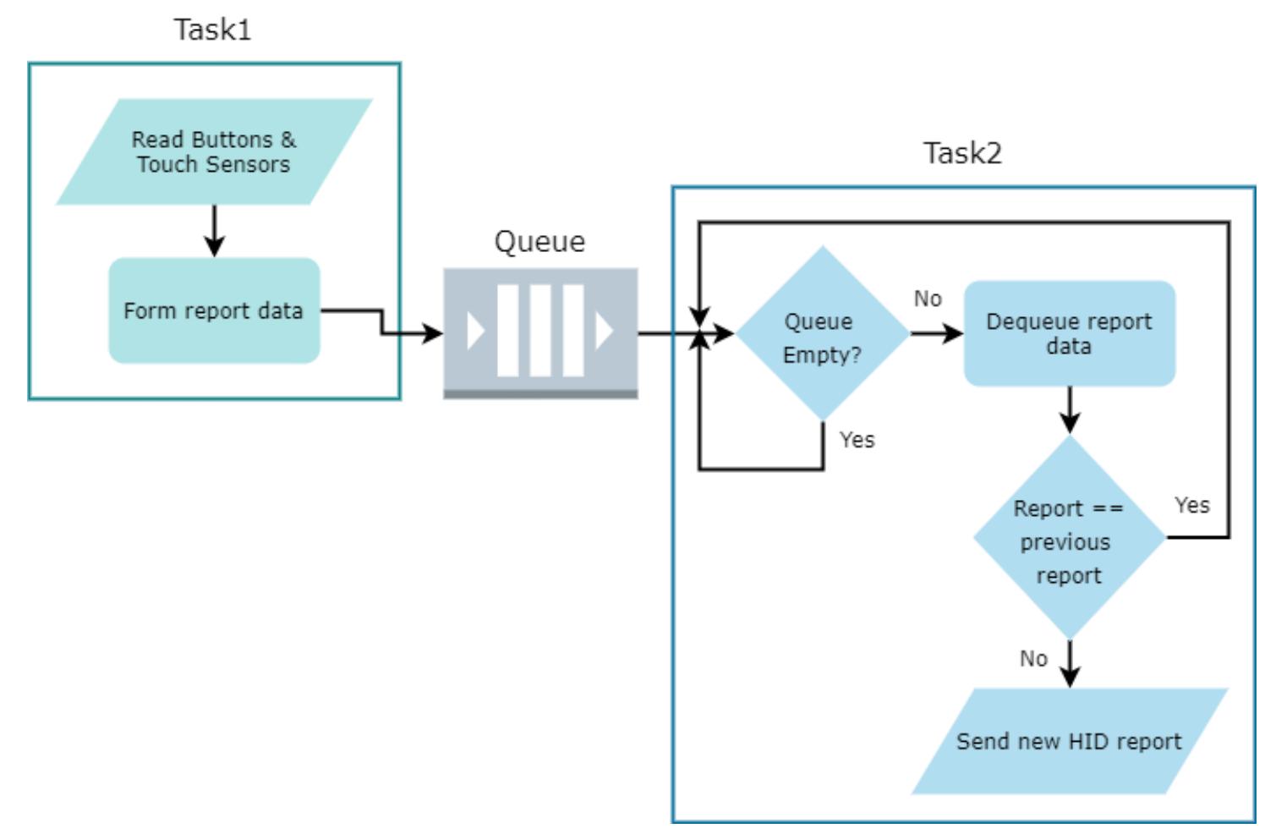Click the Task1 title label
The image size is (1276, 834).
pyautogui.click(x=212, y=30)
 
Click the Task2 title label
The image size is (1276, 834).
pyautogui.click(x=962, y=153)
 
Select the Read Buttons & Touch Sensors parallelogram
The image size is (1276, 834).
pyautogui.click(x=214, y=152)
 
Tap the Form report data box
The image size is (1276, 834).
pyautogui.click(x=214, y=311)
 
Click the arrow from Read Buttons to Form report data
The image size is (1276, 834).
pyautogui.click(x=215, y=230)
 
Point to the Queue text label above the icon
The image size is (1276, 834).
pyautogui.click(x=539, y=242)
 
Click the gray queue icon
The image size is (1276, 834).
pyautogui.click(x=540, y=332)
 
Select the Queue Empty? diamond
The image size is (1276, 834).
pyautogui.click(x=822, y=334)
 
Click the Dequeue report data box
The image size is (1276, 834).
pyautogui.click(x=1070, y=334)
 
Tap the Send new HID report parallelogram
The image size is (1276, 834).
pyautogui.click(x=1069, y=742)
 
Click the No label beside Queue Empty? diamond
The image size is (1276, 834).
pyautogui.click(x=928, y=299)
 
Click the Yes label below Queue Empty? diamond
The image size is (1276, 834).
pyautogui.click(x=857, y=440)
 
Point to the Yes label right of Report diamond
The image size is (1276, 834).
pyautogui.click(x=1191, y=505)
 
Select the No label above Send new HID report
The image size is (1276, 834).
pyautogui.click(x=1033, y=659)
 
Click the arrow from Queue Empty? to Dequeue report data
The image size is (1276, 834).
pyautogui.click(x=936, y=334)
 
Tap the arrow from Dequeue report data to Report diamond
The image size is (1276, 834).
pyautogui.click(x=1070, y=410)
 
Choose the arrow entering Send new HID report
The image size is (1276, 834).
pyautogui.click(x=1070, y=663)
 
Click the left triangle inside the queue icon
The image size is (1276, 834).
pyautogui.click(x=475, y=332)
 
